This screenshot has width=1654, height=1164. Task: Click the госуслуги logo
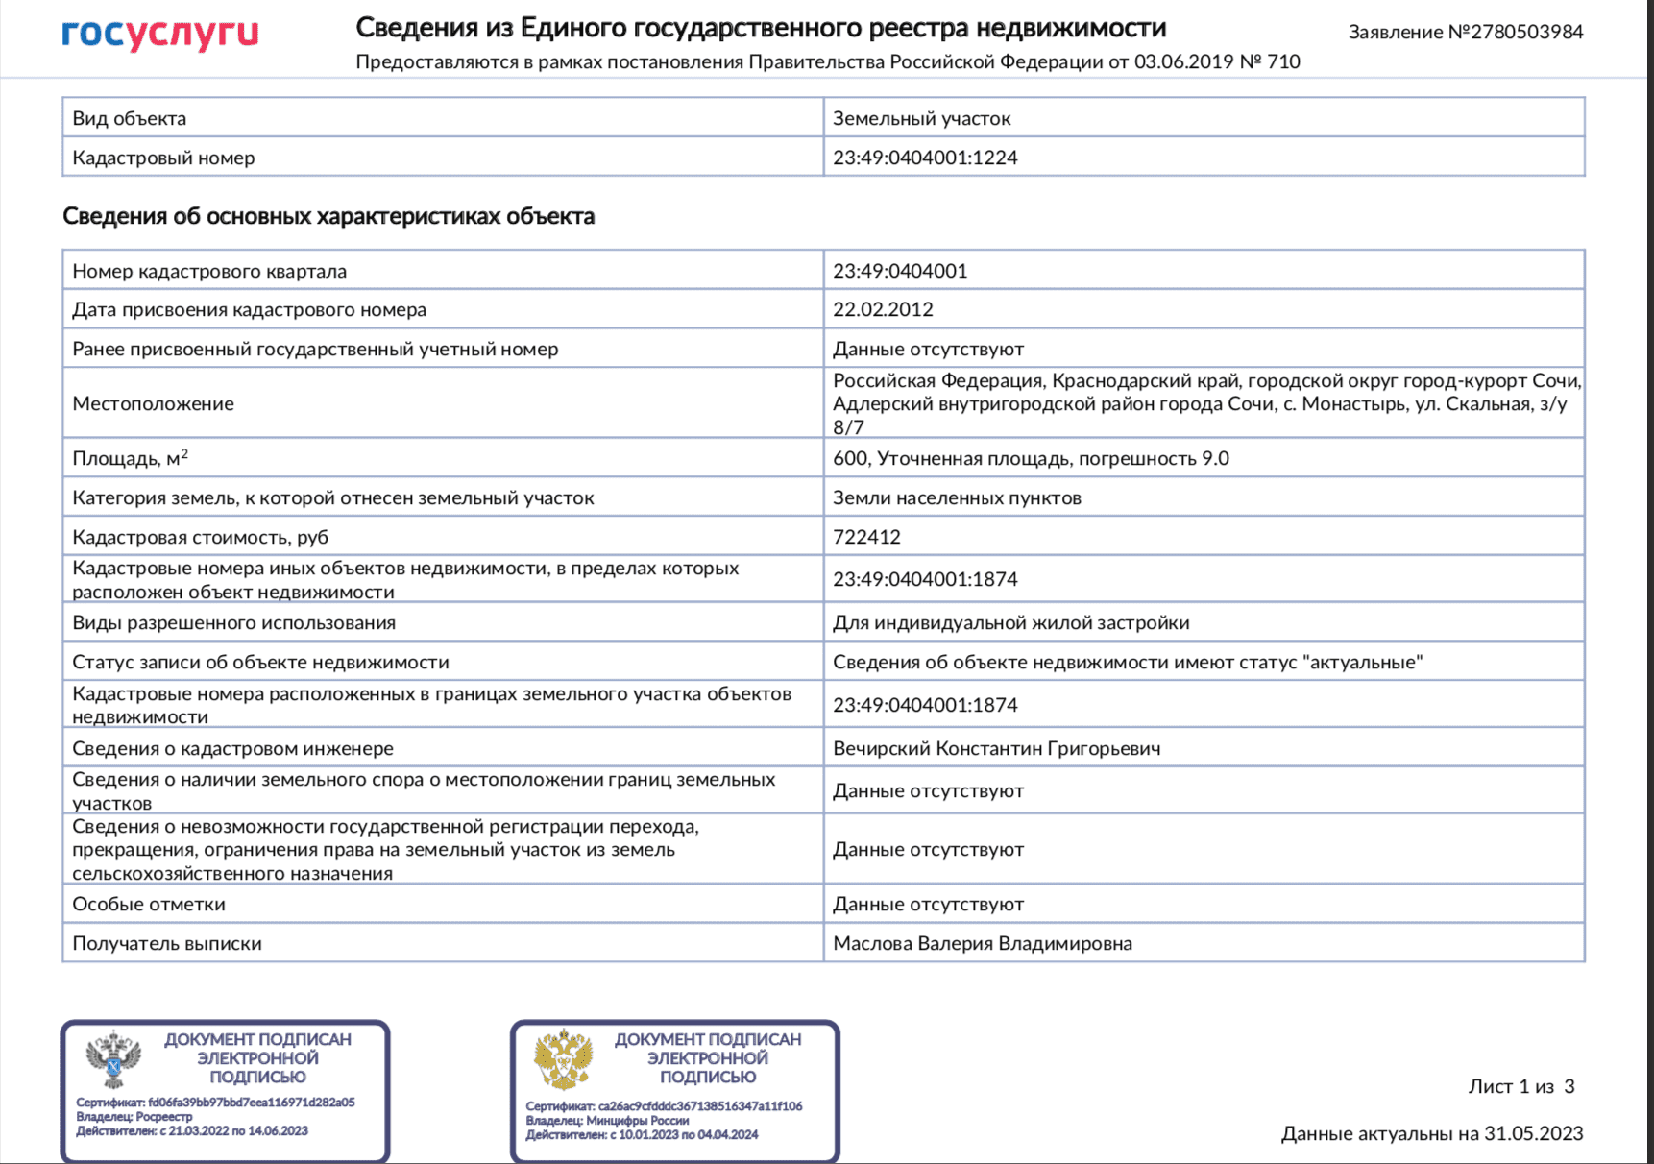[160, 33]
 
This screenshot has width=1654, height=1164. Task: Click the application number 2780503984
[1526, 32]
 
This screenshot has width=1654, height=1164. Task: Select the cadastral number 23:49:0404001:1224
[925, 158]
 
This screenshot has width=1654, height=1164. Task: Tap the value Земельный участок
[921, 118]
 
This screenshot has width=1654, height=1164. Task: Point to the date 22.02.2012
[883, 309]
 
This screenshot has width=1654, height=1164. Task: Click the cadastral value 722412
[866, 537]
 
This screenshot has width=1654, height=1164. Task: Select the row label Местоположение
[153, 403]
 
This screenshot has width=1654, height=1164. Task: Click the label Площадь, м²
[130, 458]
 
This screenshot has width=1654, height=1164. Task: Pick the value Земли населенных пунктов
[957, 497]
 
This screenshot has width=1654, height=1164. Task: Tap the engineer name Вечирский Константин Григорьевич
[996, 748]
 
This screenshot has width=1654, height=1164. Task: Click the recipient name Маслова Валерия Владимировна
[982, 943]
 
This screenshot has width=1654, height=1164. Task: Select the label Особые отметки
[149, 904]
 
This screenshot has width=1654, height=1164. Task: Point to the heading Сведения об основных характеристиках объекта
[328, 216]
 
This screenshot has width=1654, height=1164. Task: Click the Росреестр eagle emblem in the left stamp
[113, 1060]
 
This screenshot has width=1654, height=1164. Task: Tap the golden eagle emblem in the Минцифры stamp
[564, 1059]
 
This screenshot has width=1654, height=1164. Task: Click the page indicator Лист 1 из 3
[1520, 1086]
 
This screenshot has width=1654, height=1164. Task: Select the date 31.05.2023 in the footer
[1533, 1133]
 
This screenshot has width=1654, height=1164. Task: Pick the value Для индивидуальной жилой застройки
[1010, 622]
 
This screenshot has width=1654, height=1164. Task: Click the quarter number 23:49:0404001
[900, 271]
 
